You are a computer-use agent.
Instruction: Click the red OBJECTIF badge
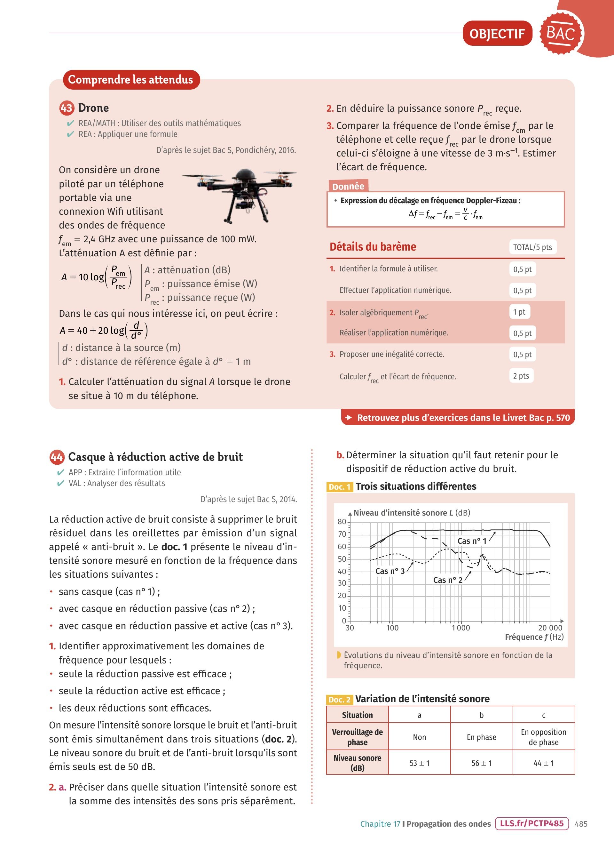497,34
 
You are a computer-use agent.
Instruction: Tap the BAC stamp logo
561,33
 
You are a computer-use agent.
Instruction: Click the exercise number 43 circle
66,108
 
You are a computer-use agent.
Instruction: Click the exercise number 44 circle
57,457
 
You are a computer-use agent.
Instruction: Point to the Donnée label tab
348,186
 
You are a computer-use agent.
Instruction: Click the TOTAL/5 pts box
532,247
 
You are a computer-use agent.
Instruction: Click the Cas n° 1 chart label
472,541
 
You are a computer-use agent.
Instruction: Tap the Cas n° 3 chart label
390,571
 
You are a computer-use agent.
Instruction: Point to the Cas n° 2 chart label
447,580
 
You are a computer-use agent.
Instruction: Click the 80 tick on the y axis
342,521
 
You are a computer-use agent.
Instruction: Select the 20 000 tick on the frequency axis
550,628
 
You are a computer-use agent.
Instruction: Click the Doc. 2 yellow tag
340,700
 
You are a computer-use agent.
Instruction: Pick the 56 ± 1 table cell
482,763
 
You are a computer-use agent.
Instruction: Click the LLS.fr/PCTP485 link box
531,823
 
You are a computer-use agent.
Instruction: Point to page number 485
581,824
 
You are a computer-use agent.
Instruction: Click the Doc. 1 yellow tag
340,487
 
